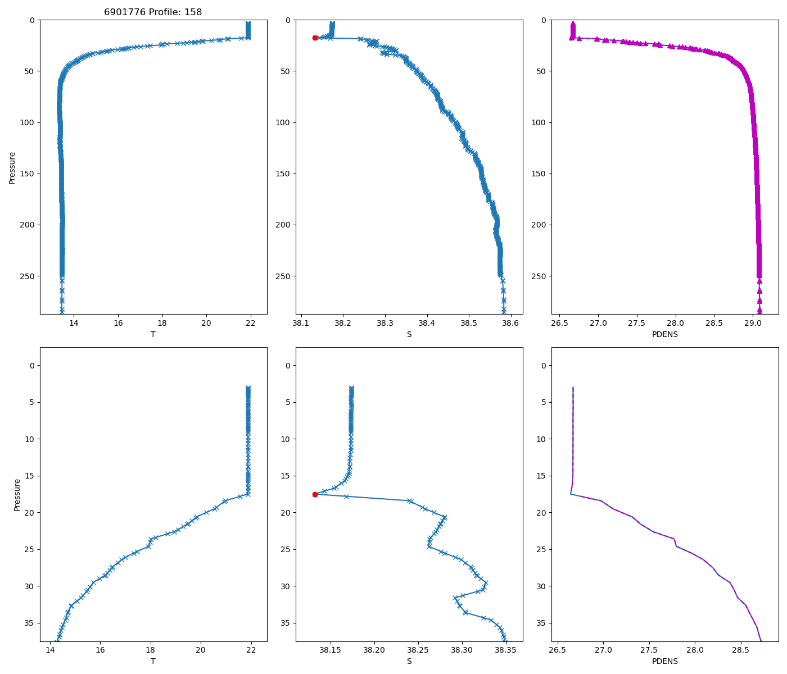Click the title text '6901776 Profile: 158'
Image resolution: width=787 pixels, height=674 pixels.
[153, 12]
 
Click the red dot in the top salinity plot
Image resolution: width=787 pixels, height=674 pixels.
[315, 38]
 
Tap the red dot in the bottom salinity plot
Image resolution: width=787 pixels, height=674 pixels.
[315, 494]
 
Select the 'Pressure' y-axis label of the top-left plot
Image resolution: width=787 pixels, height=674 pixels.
[12, 167]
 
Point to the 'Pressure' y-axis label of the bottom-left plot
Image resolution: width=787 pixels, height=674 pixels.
[17, 495]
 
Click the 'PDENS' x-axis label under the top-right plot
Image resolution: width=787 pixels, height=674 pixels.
[664, 334]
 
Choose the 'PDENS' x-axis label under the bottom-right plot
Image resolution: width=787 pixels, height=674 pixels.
[664, 661]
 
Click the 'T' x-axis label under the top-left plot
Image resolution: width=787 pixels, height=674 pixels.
[153, 334]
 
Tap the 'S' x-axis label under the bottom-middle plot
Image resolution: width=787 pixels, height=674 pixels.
[409, 661]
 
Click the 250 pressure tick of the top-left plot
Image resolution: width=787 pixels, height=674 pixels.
[28, 276]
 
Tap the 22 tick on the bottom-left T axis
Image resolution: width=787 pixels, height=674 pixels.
[251, 650]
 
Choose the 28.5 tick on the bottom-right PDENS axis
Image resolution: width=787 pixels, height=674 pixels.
[740, 650]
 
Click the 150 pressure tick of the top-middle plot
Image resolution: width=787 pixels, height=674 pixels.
[284, 174]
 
